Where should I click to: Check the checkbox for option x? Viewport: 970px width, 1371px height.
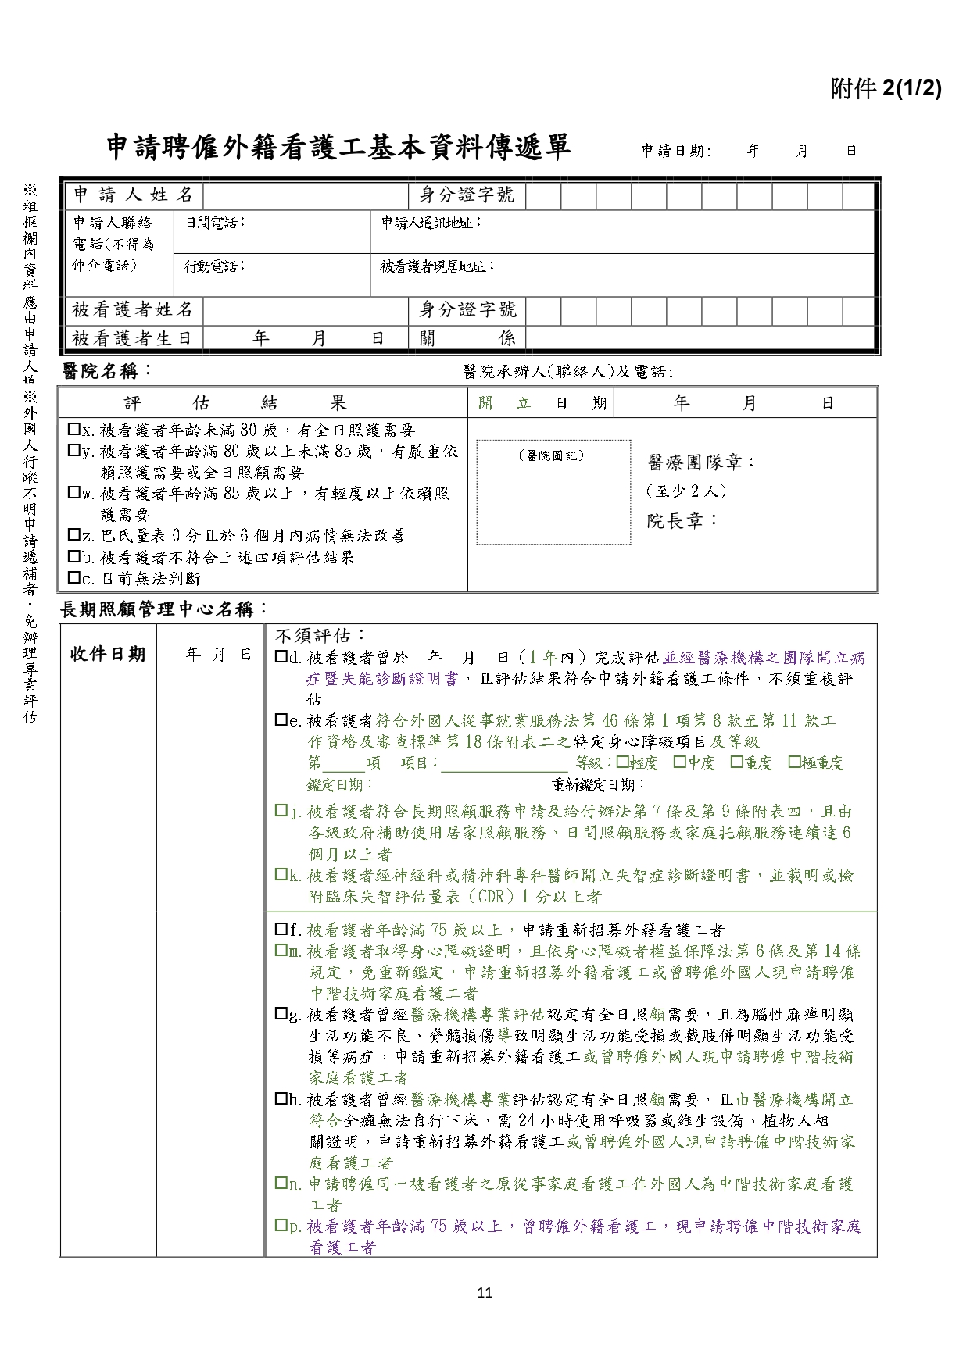(74, 430)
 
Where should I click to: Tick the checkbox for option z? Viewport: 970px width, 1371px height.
(74, 535)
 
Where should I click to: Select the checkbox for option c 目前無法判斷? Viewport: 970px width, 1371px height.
(74, 578)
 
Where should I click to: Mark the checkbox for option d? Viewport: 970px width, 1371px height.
(281, 658)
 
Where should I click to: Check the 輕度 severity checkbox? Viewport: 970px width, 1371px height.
(622, 762)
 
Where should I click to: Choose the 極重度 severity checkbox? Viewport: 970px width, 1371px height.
(794, 762)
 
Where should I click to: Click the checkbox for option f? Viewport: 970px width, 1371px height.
(281, 930)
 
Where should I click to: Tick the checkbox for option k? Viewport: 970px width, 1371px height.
(281, 875)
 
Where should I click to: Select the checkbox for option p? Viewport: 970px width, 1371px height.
(281, 1226)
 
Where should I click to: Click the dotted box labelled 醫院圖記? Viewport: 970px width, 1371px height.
(553, 493)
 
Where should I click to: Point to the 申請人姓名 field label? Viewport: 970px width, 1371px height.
(132, 194)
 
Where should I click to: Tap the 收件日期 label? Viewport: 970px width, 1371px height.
(108, 655)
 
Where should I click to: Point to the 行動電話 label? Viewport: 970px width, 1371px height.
(214, 266)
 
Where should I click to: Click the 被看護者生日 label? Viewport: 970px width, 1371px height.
(132, 338)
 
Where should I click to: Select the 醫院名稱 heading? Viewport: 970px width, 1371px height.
(108, 371)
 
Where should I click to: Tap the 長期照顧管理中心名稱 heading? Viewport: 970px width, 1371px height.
(164, 609)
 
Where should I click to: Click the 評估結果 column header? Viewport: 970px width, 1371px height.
(234, 403)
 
